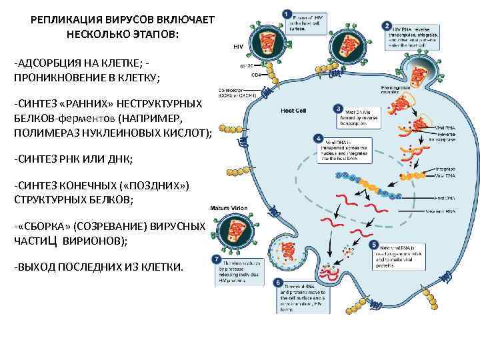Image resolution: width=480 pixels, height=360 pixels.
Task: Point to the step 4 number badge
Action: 318,138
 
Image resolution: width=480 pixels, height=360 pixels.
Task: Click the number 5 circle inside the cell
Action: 374,245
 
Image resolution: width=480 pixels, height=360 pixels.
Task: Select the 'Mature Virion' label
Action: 229,208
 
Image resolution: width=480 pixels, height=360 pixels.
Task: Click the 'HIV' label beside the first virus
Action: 238,47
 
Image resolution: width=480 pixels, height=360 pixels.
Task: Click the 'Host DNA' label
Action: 444,197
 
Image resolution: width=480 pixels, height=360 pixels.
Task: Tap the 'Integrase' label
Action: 445,169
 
